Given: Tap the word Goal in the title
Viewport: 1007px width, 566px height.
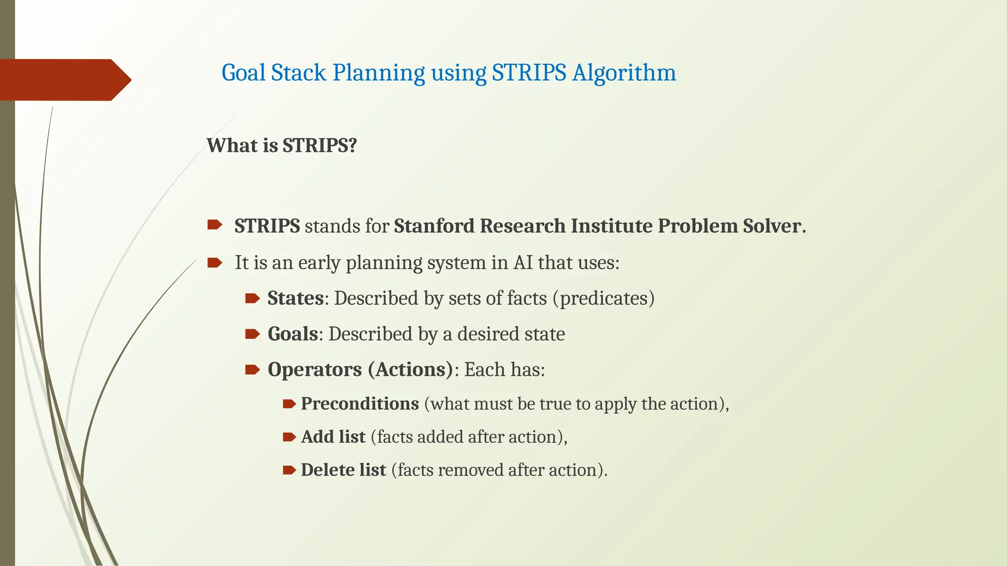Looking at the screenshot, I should point(243,73).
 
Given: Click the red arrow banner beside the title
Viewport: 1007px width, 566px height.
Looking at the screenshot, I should point(64,80).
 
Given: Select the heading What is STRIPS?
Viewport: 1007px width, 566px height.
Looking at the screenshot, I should point(281,145).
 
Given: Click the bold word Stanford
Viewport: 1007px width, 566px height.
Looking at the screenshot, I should point(434,226).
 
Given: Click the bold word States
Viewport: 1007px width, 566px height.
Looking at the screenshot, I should point(295,298).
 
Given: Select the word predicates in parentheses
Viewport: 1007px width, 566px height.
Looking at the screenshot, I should point(603,298).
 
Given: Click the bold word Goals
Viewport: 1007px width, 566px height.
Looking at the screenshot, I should point(293,334).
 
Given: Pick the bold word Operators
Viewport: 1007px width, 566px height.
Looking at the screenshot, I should point(314,369).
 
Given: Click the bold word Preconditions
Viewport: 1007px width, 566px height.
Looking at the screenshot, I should point(359,404).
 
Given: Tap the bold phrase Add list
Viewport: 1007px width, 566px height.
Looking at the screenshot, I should point(333,437).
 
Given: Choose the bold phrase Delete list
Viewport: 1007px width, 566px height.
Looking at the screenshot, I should point(343,470).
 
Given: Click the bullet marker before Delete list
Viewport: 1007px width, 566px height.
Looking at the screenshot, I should point(289,470).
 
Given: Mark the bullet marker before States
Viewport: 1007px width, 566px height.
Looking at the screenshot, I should point(252,298).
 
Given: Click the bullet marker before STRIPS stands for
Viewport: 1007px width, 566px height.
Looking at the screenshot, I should point(214,226).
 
